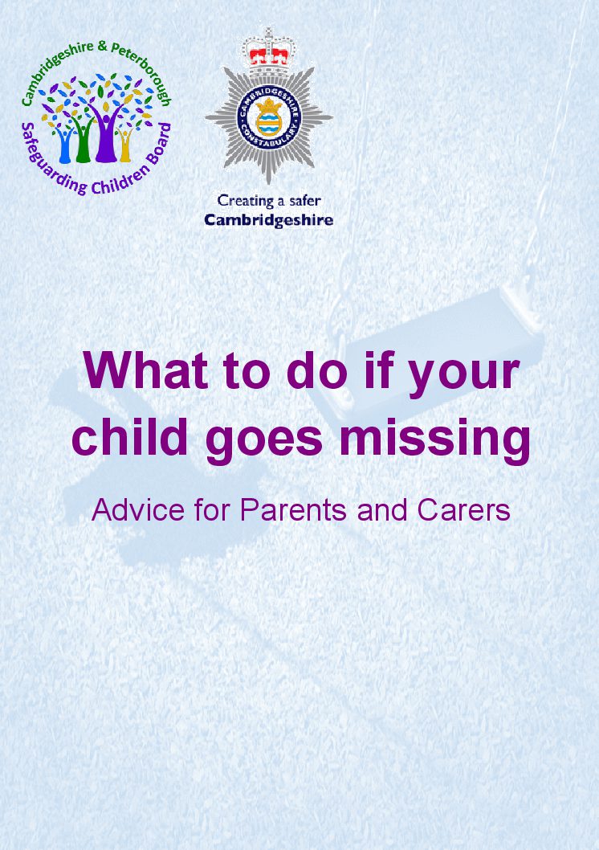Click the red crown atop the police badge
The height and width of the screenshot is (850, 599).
269,54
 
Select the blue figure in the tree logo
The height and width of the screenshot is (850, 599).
65,145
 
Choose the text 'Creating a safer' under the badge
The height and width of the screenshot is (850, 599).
268,201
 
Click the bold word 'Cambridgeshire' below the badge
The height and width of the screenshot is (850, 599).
268,219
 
